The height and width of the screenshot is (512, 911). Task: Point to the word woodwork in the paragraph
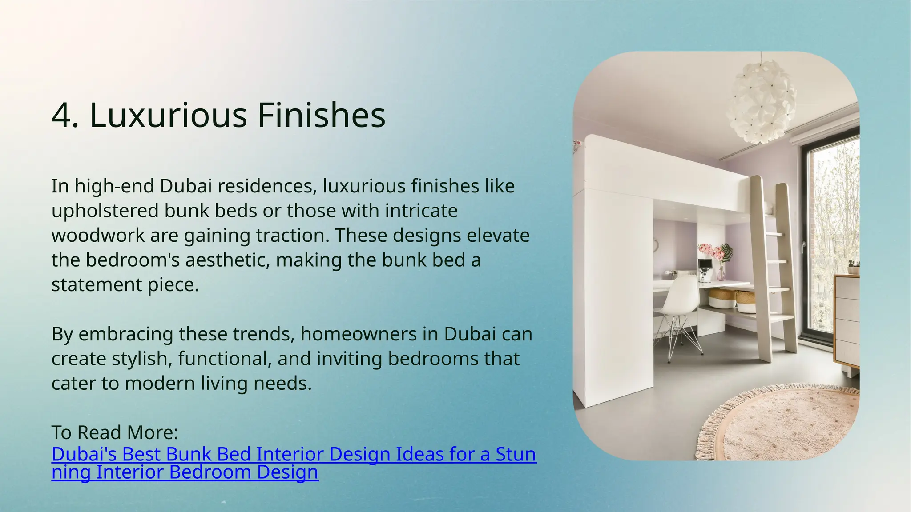98,236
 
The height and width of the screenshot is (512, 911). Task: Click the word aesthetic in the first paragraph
227,260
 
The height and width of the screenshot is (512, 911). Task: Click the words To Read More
115,432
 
